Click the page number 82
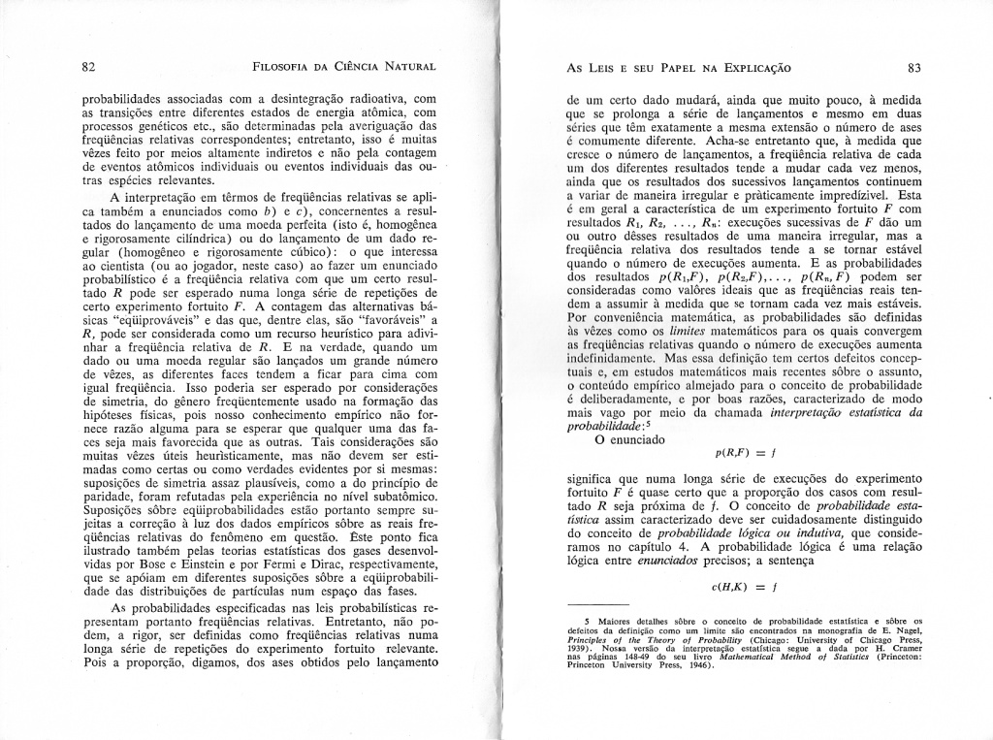pos(87,67)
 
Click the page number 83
pos(913,68)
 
